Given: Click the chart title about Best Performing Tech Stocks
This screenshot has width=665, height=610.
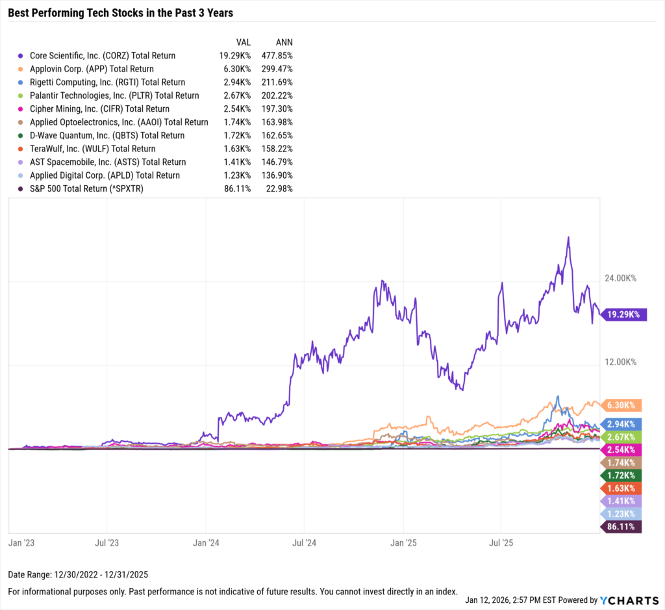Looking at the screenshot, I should coord(120,13).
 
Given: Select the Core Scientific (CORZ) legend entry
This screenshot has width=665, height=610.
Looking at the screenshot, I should coord(97,56).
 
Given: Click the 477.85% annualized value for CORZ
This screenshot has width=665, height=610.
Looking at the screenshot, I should coord(277,56).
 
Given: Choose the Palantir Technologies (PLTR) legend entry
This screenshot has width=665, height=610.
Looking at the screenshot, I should coord(108,95).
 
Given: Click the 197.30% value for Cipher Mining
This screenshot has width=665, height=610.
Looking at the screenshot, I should coord(277,109).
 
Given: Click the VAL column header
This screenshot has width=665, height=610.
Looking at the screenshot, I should coord(244,42).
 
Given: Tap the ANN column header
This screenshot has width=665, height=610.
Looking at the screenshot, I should coord(284,42).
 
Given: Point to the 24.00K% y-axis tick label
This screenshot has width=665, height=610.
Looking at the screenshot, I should coord(620,278).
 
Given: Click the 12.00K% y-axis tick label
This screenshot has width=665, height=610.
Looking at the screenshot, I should coord(620,362).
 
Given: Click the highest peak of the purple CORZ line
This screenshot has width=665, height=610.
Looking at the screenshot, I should coord(568,237).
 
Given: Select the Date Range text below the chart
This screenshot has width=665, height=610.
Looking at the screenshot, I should coord(78,575).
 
